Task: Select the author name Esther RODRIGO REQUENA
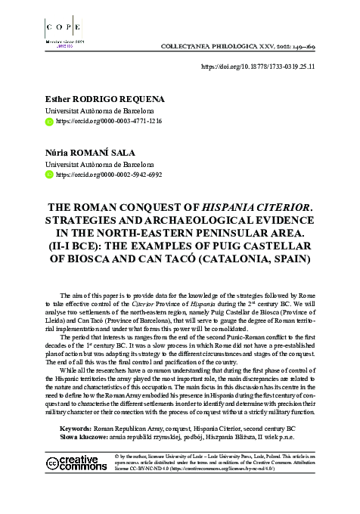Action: [x=94, y=98]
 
